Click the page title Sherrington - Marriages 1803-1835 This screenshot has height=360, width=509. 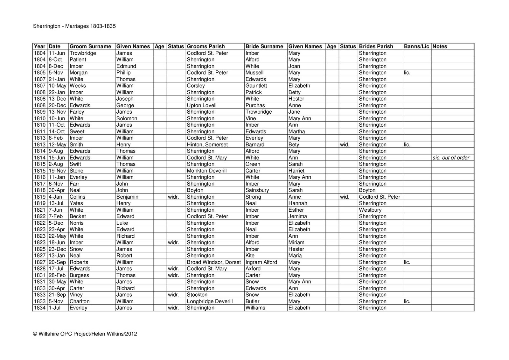[x=74, y=26]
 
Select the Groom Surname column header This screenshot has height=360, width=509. [x=90, y=46]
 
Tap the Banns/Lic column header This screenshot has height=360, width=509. [x=416, y=46]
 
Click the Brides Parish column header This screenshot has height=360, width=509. [x=376, y=46]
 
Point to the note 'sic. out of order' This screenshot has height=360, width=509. [x=451, y=158]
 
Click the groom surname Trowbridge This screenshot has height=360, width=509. [x=83, y=53]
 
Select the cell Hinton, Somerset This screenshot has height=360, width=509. [x=207, y=145]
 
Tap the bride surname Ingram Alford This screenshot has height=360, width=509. [x=261, y=262]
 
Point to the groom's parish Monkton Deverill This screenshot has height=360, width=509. [x=206, y=171]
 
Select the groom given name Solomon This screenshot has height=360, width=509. [x=127, y=118]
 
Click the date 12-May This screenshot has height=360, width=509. [x=58, y=145]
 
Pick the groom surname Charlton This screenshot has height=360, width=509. [x=80, y=301]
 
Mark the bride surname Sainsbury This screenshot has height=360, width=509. [x=257, y=190]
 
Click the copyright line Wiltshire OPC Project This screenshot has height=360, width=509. [x=85, y=334]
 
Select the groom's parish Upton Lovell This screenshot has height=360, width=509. [x=201, y=105]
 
